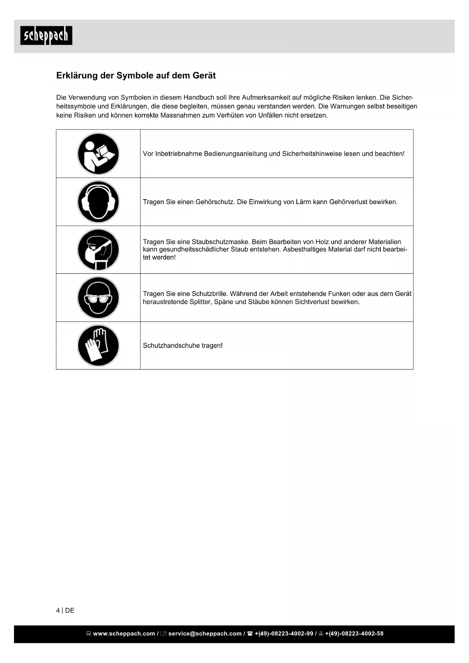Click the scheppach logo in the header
[x=46, y=36]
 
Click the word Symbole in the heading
[x=133, y=76]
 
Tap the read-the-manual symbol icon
[x=98, y=154]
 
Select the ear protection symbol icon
[x=98, y=202]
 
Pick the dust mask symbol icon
[x=98, y=250]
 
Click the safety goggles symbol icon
[x=98, y=298]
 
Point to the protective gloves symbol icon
[x=98, y=345]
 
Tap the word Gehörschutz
[x=215, y=202]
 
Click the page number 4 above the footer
[x=58, y=610]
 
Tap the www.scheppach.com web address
[x=124, y=634]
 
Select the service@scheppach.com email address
[x=205, y=634]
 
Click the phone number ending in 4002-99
[x=284, y=634]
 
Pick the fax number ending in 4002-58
[x=354, y=634]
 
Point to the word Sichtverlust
[x=312, y=302]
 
